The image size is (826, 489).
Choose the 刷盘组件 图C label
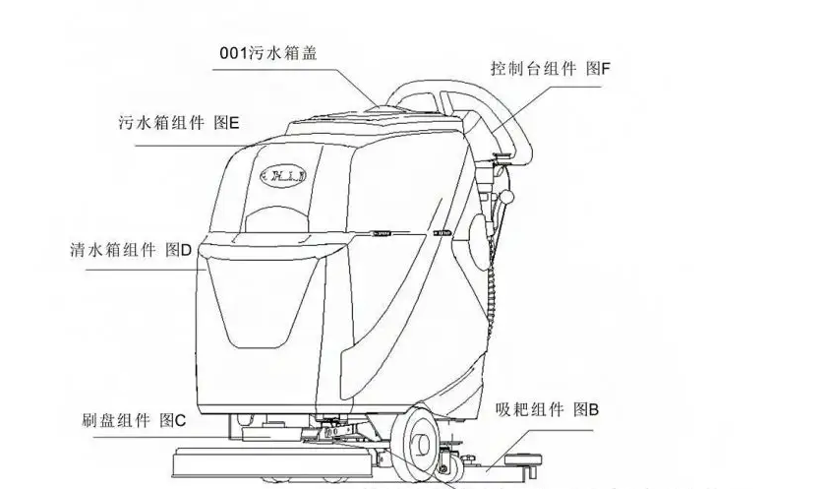tap(134, 420)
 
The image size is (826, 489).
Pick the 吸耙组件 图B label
tap(548, 408)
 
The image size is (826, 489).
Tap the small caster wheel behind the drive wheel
tap(454, 458)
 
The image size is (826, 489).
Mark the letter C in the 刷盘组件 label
tap(181, 420)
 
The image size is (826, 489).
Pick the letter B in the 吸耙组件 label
tap(592, 408)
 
